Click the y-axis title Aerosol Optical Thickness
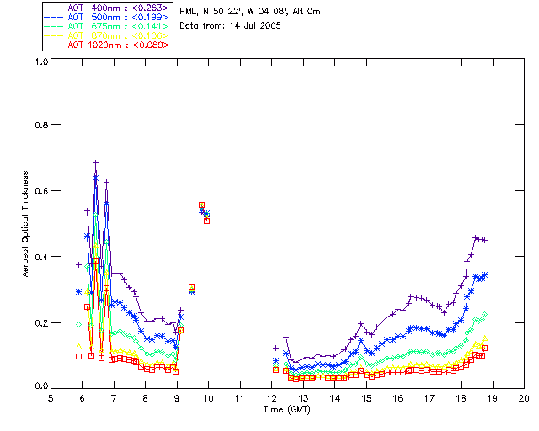(25, 223)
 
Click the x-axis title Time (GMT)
(287, 409)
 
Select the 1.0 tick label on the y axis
(39, 61)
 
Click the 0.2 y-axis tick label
(39, 322)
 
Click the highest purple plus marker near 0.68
(96, 162)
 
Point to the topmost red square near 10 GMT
(201, 205)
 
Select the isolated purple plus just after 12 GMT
(275, 348)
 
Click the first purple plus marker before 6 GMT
(78, 264)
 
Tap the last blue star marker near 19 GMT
(484, 274)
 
